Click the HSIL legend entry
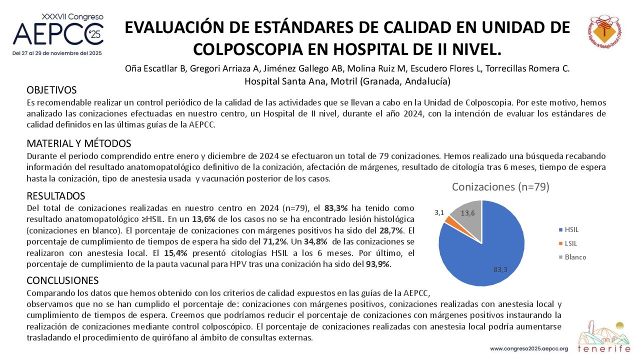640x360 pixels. [x=568, y=229]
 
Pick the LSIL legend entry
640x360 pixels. [x=568, y=243]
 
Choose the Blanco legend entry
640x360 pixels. [x=572, y=257]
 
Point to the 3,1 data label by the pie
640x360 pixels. [x=439, y=212]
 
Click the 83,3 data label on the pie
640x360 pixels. [x=500, y=269]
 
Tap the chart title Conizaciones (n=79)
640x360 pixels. [x=500, y=187]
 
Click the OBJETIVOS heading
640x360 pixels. [x=51, y=90]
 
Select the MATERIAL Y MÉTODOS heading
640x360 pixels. [x=79, y=143]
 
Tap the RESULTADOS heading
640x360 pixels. [x=56, y=196]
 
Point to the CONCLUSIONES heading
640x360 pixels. [x=62, y=280]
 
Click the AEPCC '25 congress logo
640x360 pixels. [x=58, y=34]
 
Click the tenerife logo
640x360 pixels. [x=603, y=337]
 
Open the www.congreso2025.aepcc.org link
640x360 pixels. [x=529, y=349]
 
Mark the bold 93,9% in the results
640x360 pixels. [x=377, y=264]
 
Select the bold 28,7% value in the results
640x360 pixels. [x=391, y=230]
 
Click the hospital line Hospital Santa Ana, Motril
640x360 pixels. [x=347, y=81]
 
